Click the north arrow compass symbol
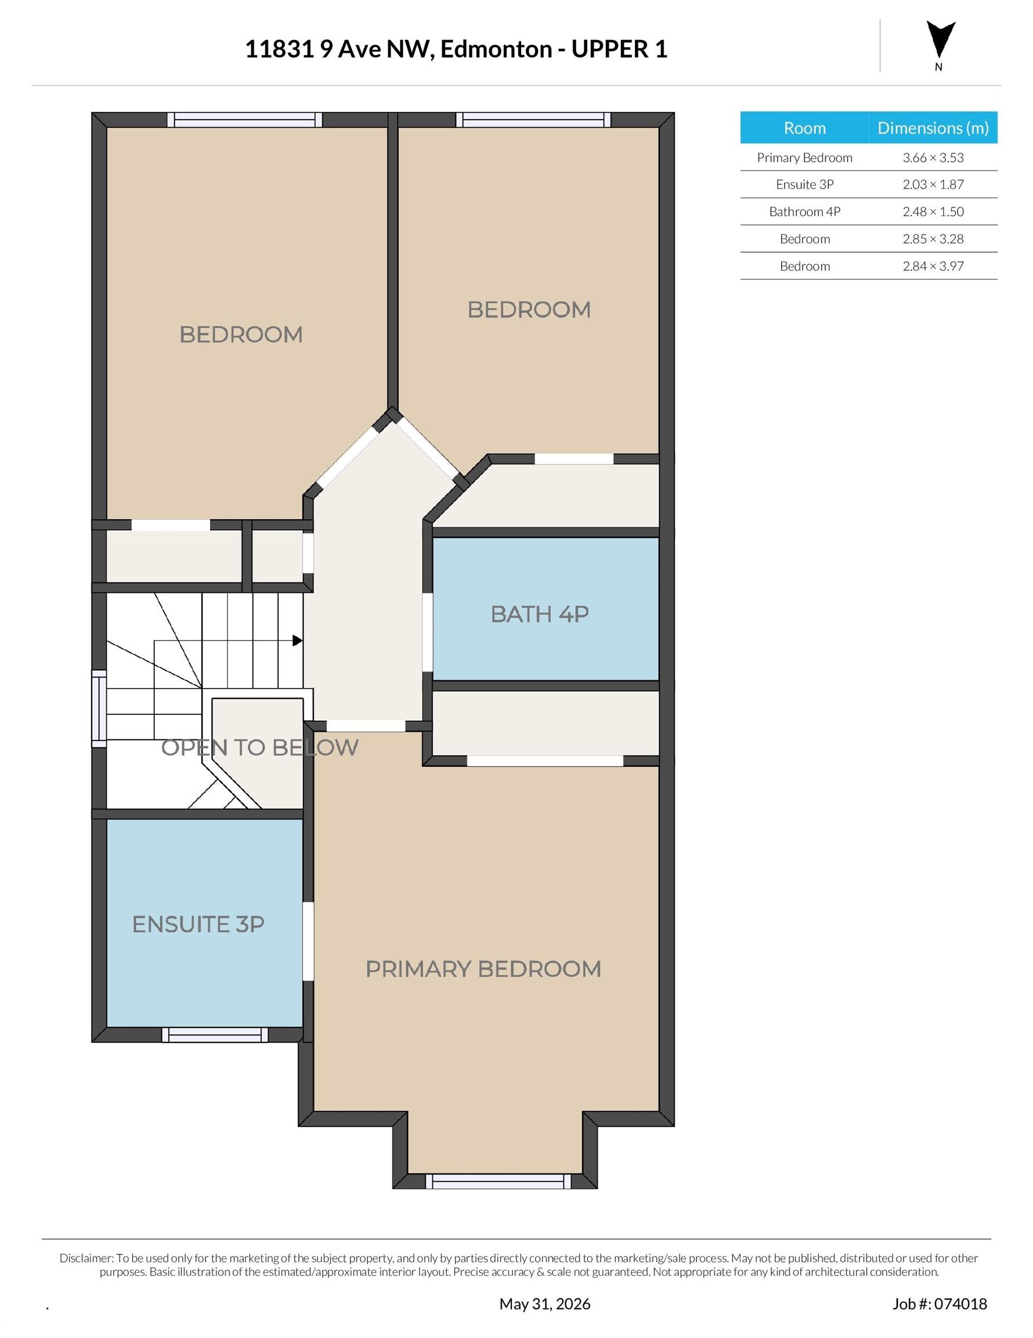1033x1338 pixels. pyautogui.click(x=940, y=41)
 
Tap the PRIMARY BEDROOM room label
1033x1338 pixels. pyautogui.click(x=483, y=969)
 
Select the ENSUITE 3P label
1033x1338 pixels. pyautogui.click(x=198, y=924)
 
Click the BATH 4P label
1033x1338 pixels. pyautogui.click(x=540, y=614)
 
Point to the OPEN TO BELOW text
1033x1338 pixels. pyautogui.click(x=259, y=747)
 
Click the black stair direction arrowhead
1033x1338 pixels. pyautogui.click(x=297, y=641)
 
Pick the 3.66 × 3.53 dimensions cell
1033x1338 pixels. pyautogui.click(x=933, y=157)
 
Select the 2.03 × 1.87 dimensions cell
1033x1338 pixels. pyautogui.click(x=933, y=185)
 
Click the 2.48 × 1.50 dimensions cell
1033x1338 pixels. pyautogui.click(x=933, y=211)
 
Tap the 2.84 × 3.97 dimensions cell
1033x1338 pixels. pyautogui.click(x=933, y=266)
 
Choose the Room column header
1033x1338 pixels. pyautogui.click(x=804, y=128)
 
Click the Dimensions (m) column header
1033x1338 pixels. pyautogui.click(x=933, y=128)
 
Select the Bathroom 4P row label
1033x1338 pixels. pyautogui.click(x=804, y=211)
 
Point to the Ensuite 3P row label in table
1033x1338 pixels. pyautogui.click(x=804, y=185)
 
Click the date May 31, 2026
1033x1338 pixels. pyautogui.click(x=545, y=1304)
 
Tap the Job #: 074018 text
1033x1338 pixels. pyautogui.click(x=940, y=1304)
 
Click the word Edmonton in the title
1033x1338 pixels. pyautogui.click(x=496, y=49)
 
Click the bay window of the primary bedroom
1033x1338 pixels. pyautogui.click(x=498, y=1181)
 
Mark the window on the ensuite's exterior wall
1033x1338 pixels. pyautogui.click(x=215, y=1035)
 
